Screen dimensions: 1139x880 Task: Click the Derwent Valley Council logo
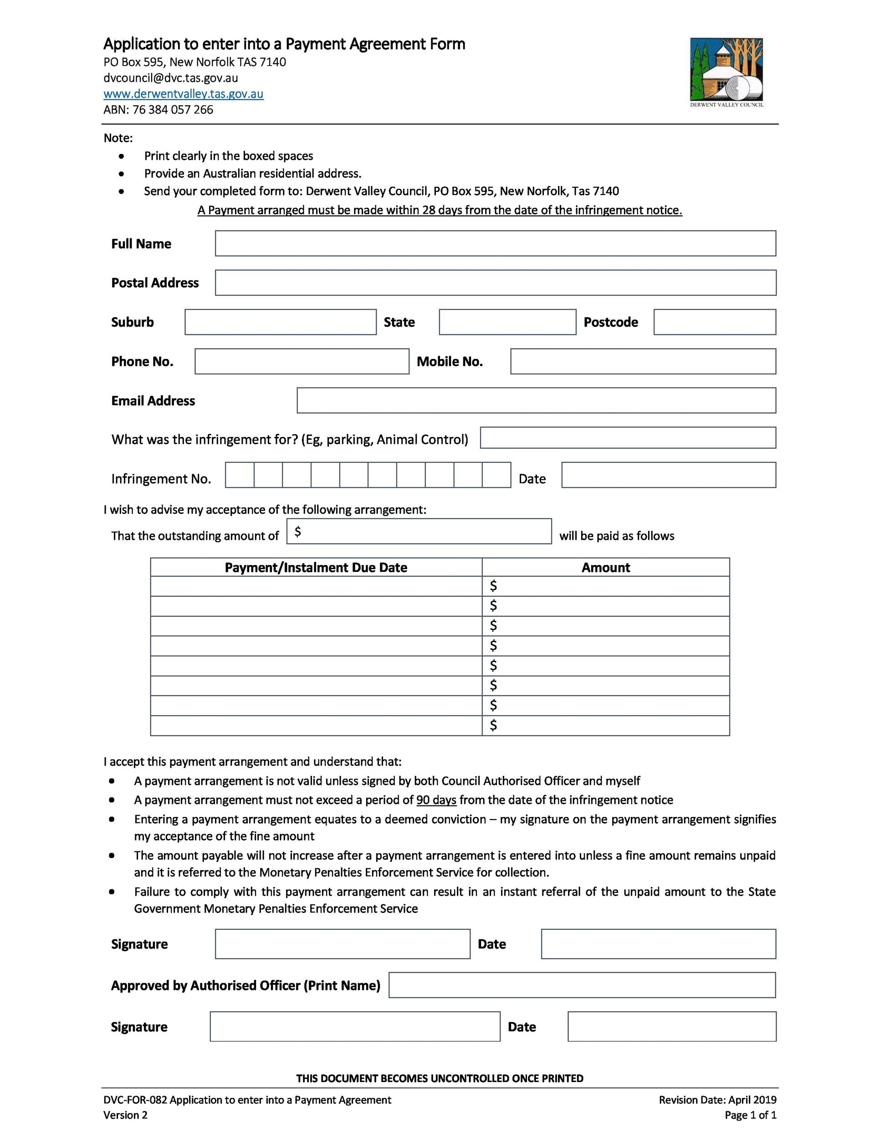(x=726, y=71)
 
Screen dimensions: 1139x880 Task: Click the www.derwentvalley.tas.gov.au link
(x=184, y=94)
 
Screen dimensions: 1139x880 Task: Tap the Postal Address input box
(x=495, y=282)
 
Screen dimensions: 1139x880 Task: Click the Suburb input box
(x=281, y=322)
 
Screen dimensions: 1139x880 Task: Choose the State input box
(x=507, y=322)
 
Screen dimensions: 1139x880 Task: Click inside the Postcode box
(x=715, y=322)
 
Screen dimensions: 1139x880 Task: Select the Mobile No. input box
(x=643, y=361)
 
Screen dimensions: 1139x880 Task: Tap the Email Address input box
(x=537, y=400)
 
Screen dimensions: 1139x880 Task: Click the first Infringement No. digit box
(x=240, y=475)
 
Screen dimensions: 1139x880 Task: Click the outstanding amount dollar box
(x=419, y=531)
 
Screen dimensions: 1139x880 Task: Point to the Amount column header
(x=605, y=567)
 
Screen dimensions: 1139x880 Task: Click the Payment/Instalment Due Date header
(x=316, y=567)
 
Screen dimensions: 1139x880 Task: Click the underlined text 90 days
(x=436, y=800)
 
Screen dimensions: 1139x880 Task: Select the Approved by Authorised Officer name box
(x=582, y=985)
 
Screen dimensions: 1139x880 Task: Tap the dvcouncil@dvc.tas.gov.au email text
(x=171, y=78)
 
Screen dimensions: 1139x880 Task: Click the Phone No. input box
(x=302, y=361)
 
